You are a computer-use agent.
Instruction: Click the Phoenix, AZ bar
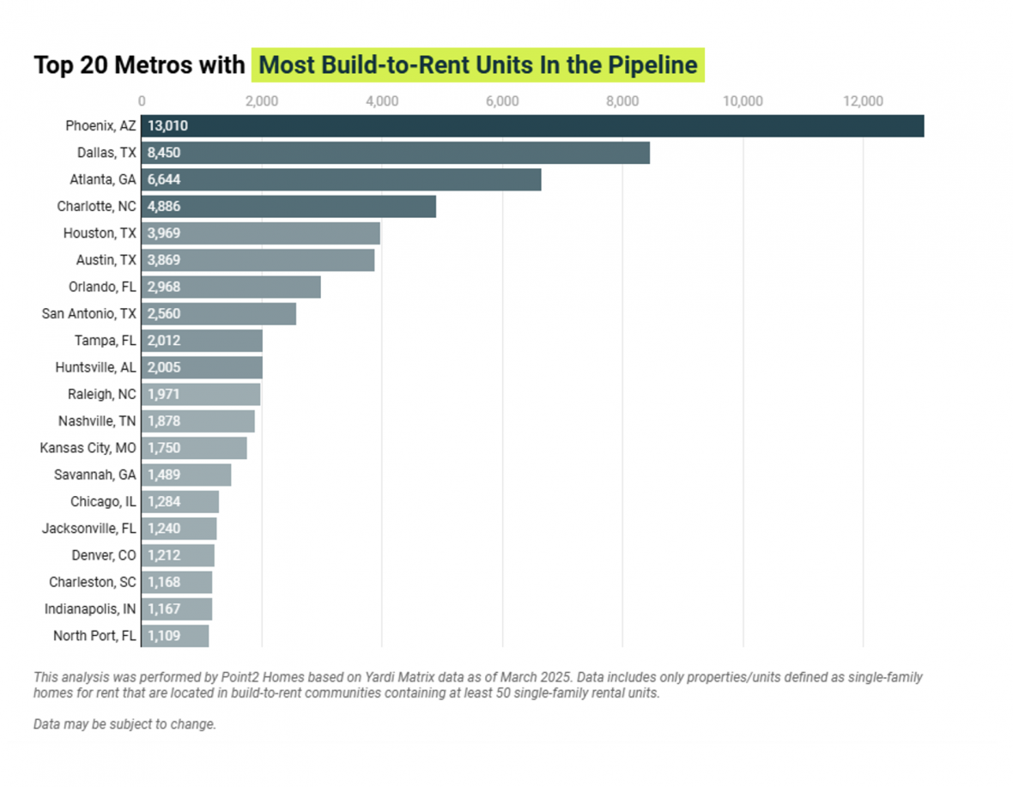click(x=532, y=126)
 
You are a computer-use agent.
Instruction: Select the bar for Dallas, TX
click(x=395, y=153)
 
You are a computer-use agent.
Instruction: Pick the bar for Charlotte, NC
click(x=288, y=206)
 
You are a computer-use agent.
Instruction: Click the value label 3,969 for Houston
click(x=164, y=233)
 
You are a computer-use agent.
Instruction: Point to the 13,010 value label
click(x=167, y=126)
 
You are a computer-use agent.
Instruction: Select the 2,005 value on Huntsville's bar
click(x=164, y=367)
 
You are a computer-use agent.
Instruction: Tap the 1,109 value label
click(x=163, y=636)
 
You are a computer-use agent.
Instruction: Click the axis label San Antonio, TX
click(x=88, y=313)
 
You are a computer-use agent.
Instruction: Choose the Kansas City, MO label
click(x=88, y=448)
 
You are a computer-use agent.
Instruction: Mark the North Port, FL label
click(x=94, y=636)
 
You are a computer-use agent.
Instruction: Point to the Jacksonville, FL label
click(x=88, y=529)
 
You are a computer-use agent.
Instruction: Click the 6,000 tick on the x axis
click(x=502, y=101)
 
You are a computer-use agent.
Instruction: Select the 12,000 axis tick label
click(x=863, y=101)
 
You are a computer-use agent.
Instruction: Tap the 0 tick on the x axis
click(x=142, y=101)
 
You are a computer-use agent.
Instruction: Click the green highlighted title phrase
click(x=477, y=65)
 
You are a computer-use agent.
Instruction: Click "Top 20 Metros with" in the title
click(x=139, y=65)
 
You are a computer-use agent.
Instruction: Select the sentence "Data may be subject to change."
click(x=124, y=724)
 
